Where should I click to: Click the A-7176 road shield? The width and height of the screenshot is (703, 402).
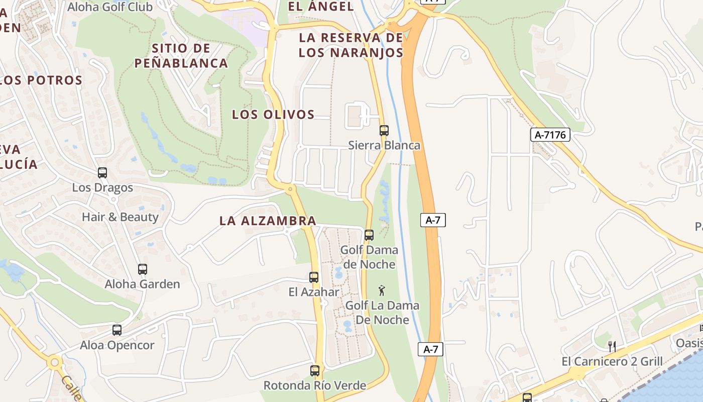pyautogui.click(x=550, y=135)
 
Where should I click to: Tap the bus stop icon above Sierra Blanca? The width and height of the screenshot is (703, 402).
pyautogui.click(x=384, y=131)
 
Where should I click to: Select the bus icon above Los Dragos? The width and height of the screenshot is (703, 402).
pyautogui.click(x=102, y=173)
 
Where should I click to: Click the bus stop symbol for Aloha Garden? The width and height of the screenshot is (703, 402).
pyautogui.click(x=143, y=269)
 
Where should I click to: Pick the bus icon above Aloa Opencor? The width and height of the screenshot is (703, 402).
pyautogui.click(x=117, y=330)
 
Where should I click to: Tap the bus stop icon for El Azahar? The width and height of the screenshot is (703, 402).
pyautogui.click(x=314, y=277)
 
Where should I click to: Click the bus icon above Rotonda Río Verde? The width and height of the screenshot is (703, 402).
pyautogui.click(x=315, y=371)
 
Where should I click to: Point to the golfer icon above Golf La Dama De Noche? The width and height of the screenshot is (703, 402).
pyautogui.click(x=382, y=290)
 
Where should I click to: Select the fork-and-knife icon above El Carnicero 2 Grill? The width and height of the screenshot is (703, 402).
pyautogui.click(x=612, y=346)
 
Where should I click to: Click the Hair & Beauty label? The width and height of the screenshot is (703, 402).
pyautogui.click(x=120, y=217)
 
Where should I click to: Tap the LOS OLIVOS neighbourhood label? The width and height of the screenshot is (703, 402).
pyautogui.click(x=273, y=115)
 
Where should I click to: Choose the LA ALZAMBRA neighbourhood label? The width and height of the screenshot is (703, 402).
pyautogui.click(x=268, y=221)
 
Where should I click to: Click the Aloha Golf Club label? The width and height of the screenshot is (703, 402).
pyautogui.click(x=110, y=7)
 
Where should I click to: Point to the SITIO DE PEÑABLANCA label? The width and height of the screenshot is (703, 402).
pyautogui.click(x=181, y=56)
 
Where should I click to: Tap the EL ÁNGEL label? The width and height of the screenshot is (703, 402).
pyautogui.click(x=321, y=7)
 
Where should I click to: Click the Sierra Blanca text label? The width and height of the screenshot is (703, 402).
pyautogui.click(x=384, y=145)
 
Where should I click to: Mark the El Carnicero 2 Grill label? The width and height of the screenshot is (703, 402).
pyautogui.click(x=612, y=361)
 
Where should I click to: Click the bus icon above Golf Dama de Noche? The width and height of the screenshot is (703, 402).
pyautogui.click(x=369, y=235)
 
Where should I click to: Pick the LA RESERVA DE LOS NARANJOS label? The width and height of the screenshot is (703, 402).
pyautogui.click(x=351, y=45)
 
